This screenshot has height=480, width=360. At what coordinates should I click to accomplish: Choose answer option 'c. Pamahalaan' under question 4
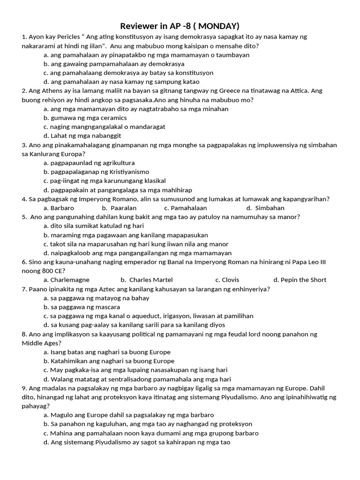186,208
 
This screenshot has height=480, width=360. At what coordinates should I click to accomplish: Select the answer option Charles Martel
147,280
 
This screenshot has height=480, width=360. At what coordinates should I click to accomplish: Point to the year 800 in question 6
48,271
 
